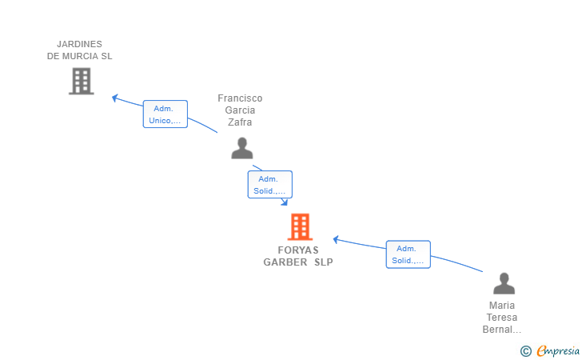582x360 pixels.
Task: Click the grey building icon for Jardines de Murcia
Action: tap(82, 81)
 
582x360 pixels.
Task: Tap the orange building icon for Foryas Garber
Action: tap(300, 226)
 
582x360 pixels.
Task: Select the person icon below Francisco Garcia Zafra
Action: tap(242, 148)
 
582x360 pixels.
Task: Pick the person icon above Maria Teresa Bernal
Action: tap(504, 283)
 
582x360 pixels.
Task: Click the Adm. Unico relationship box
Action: tap(165, 114)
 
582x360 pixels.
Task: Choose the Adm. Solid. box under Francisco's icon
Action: tap(270, 185)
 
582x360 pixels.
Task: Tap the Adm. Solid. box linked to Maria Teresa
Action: tap(409, 254)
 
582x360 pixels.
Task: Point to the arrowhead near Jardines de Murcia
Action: tap(114, 98)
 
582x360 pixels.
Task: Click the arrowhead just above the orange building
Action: tap(285, 202)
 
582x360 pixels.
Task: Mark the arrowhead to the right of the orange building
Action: tap(336, 240)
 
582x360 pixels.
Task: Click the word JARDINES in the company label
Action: tap(79, 44)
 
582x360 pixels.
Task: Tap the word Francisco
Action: tap(240, 98)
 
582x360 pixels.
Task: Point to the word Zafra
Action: tap(240, 122)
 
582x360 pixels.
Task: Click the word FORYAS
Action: tap(298, 250)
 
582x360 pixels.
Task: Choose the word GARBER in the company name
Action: tap(285, 262)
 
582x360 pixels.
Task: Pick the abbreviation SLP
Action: tap(324, 262)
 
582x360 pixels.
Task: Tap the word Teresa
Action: tap(502, 318)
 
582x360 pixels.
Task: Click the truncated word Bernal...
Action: tap(502, 330)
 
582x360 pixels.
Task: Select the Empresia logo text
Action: tap(558, 350)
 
